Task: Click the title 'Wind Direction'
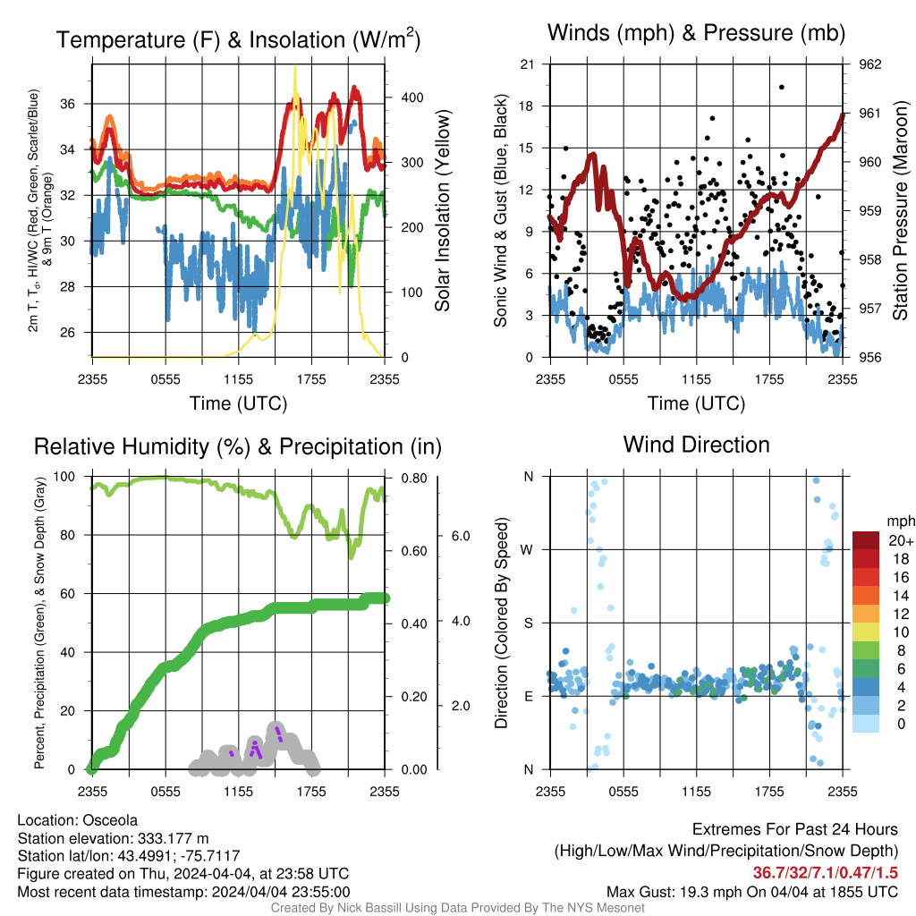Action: pos(696,445)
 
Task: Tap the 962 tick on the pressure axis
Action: pos(869,64)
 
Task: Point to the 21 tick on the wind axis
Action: pos(527,64)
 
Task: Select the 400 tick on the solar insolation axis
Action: pos(411,98)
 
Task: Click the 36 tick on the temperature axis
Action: pos(68,104)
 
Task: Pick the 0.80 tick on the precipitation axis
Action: pos(414,479)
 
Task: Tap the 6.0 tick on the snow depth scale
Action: pos(461,537)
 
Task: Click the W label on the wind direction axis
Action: pos(528,550)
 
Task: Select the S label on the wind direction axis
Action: pos(528,623)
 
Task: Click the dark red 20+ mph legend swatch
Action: pos(866,540)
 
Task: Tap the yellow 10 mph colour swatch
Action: pos(866,632)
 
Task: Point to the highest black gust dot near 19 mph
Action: pos(782,87)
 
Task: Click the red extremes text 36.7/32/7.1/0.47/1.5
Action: pos(825,873)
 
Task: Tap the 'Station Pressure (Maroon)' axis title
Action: pos(900,210)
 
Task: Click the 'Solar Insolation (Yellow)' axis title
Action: pos(442,210)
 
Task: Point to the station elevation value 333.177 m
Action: pos(173,839)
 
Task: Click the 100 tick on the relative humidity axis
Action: pos(64,477)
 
